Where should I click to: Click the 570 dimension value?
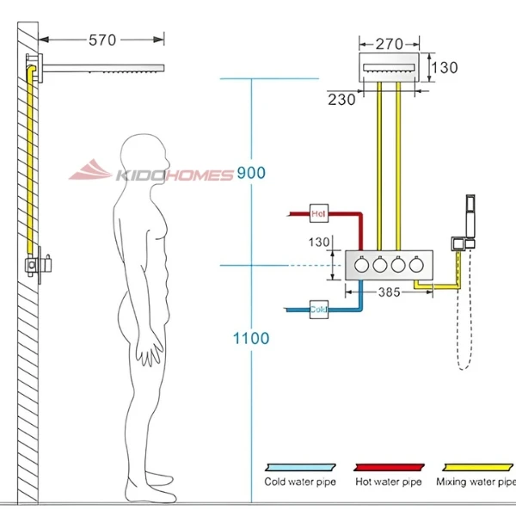pyautogui.click(x=101, y=40)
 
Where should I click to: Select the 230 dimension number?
pyautogui.click(x=341, y=100)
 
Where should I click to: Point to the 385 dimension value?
pyautogui.click(x=390, y=292)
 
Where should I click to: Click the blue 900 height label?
pyautogui.click(x=251, y=173)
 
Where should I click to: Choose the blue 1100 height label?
pyautogui.click(x=251, y=338)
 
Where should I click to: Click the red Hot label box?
pyautogui.click(x=319, y=212)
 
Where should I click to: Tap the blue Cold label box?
pyautogui.click(x=318, y=308)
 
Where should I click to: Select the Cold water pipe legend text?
pyautogui.click(x=299, y=482)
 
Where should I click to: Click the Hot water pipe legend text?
pyautogui.click(x=389, y=482)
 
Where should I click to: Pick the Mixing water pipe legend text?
pyautogui.click(x=476, y=482)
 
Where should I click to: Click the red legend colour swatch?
pyautogui.click(x=389, y=464)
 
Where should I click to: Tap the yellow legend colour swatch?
pyautogui.click(x=476, y=464)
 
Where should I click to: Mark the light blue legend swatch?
pyautogui.click(x=298, y=464)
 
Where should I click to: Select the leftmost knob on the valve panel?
pyautogui.click(x=362, y=267)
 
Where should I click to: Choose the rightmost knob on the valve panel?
pyautogui.click(x=417, y=267)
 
